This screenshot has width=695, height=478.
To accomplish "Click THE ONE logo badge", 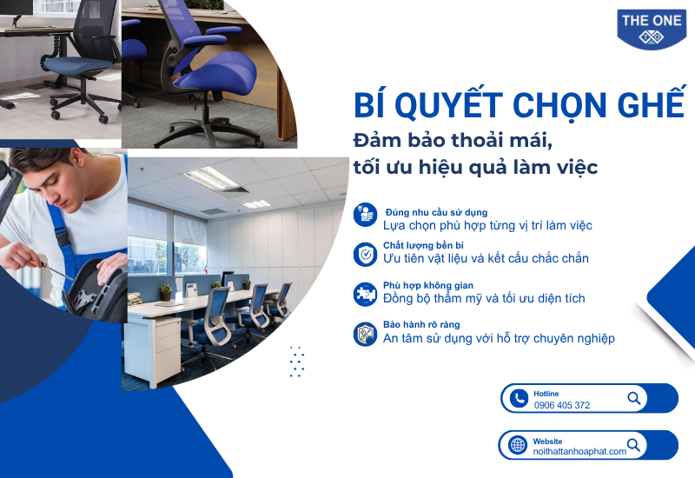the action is click(651, 29).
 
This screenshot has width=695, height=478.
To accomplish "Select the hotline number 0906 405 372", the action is click(561, 405).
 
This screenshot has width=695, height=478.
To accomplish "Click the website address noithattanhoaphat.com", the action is click(579, 451).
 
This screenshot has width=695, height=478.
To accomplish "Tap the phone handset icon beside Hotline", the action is click(519, 398).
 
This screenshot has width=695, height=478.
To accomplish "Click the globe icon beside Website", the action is click(517, 445).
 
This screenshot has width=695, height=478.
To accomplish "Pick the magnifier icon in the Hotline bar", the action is click(634, 398).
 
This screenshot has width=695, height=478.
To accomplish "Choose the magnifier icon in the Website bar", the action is click(634, 445).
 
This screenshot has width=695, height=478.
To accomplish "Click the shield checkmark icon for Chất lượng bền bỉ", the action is click(365, 255).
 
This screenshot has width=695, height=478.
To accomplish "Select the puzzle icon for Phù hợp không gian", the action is click(365, 294).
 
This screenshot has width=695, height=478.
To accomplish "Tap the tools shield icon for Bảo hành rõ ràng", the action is click(365, 334).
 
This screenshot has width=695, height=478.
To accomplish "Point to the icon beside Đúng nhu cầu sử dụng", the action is click(365, 215).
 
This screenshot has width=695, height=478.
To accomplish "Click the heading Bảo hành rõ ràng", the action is click(421, 324).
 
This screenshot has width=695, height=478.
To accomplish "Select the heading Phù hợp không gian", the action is click(428, 285).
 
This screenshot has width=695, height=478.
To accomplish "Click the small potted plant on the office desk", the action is click(166, 292).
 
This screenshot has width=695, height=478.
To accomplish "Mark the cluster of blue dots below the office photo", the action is click(297, 362).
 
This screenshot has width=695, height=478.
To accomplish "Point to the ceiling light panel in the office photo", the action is click(210, 178).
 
